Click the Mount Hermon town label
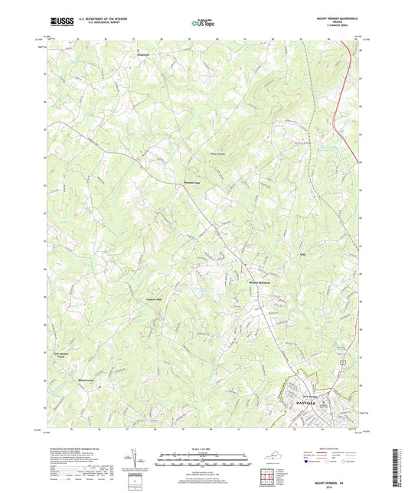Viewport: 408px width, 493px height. (260, 282)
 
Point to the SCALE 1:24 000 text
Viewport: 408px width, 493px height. (204, 448)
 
